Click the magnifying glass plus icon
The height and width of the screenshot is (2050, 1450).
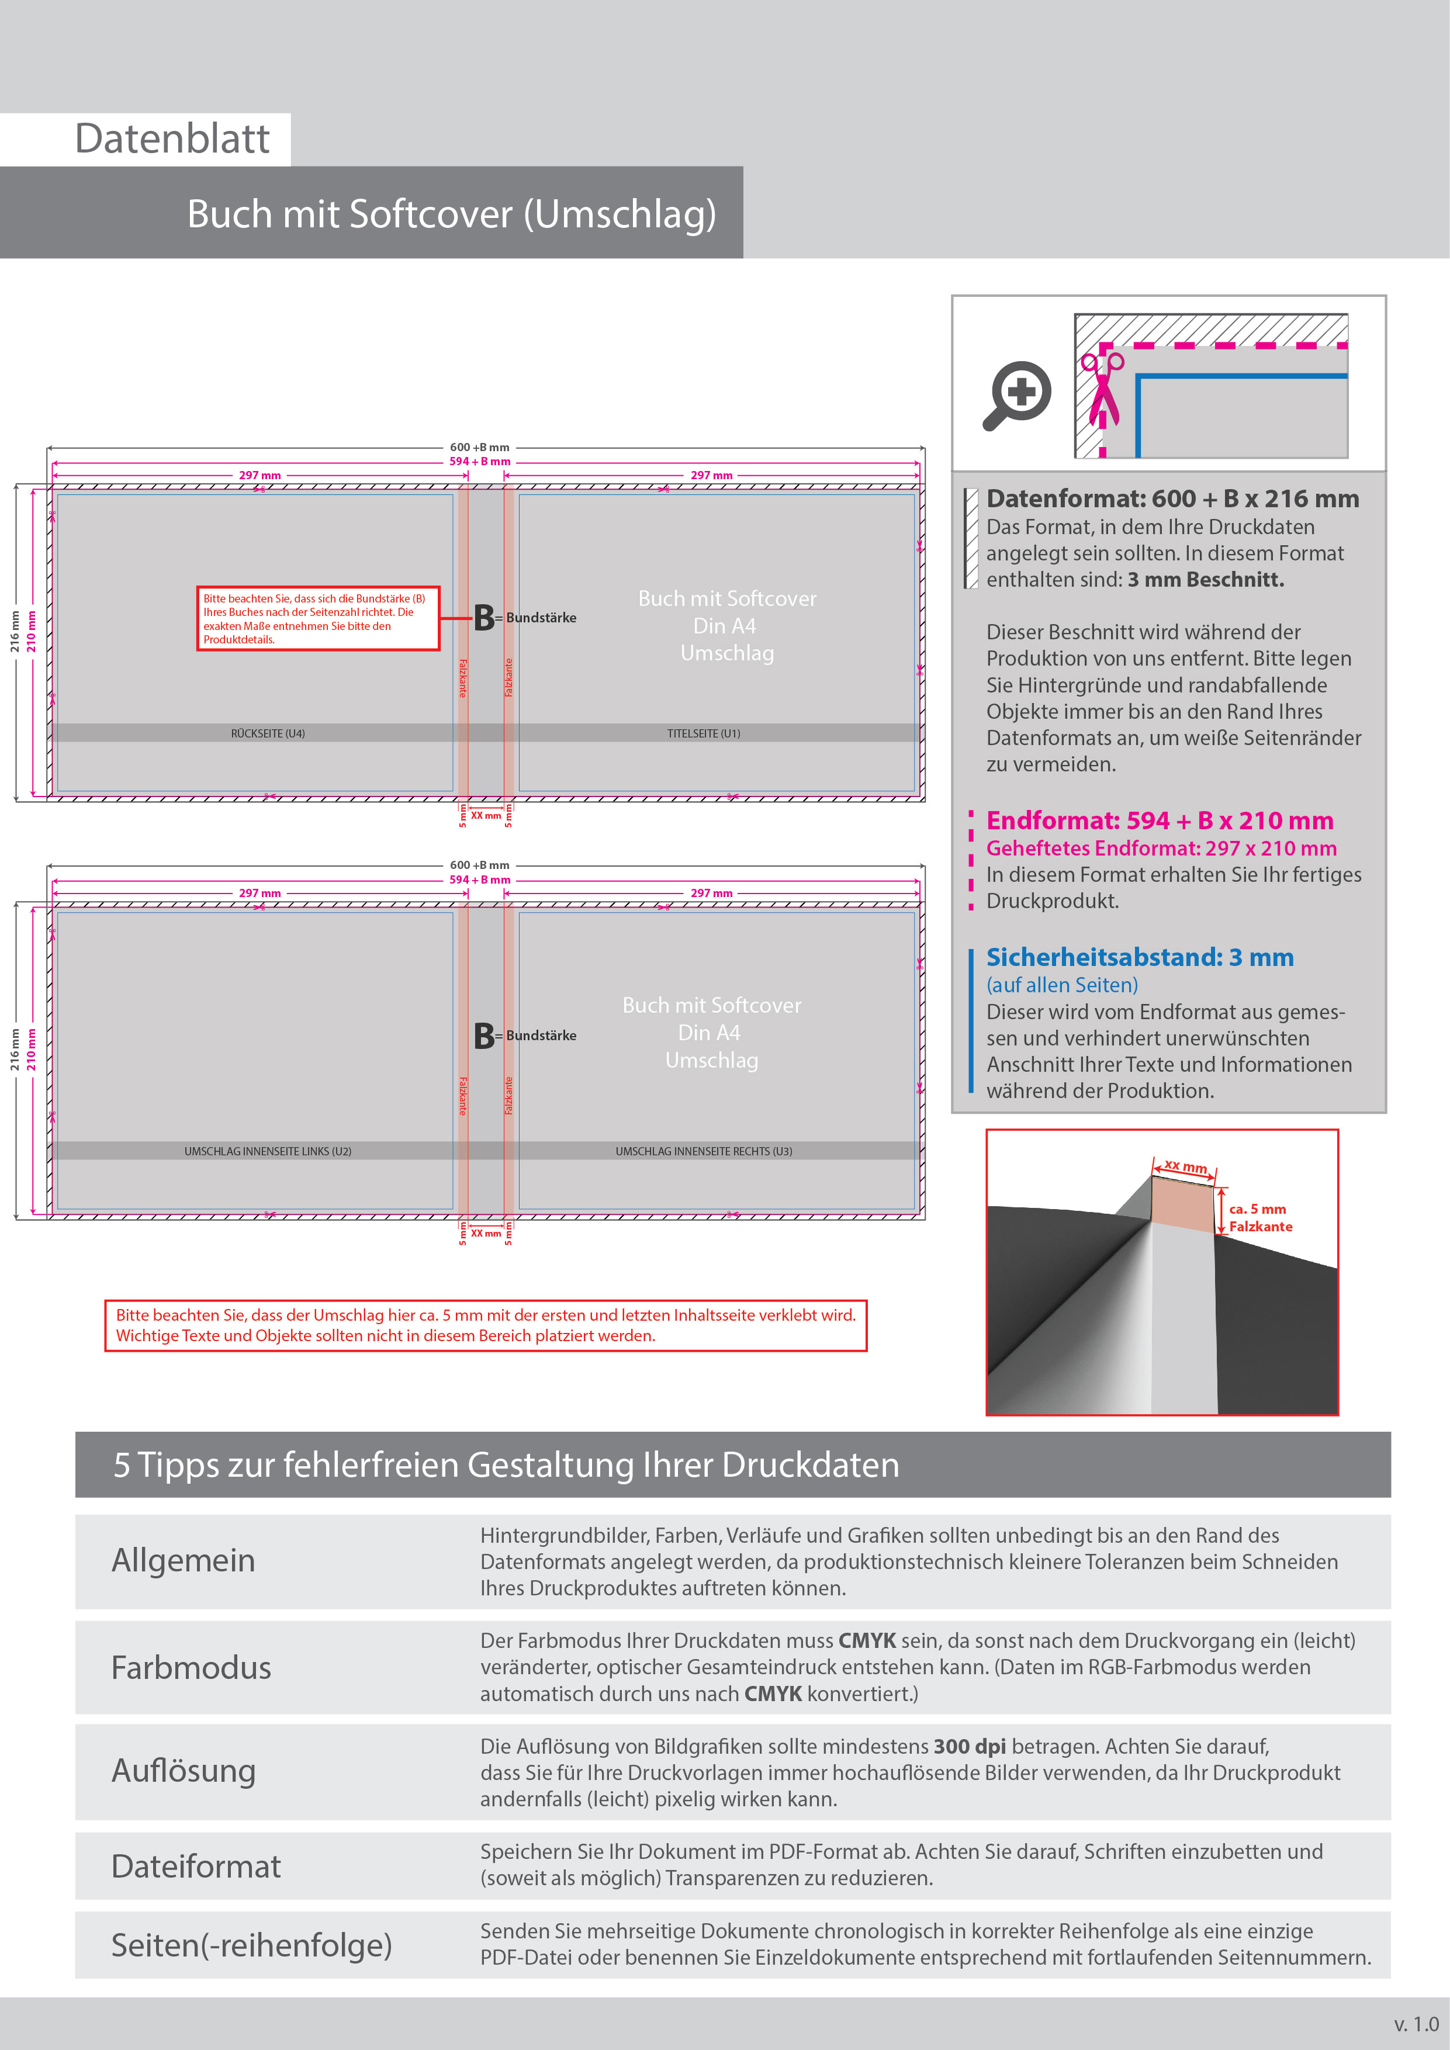pyautogui.click(x=1018, y=394)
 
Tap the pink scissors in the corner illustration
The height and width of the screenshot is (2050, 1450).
pyautogui.click(x=1103, y=389)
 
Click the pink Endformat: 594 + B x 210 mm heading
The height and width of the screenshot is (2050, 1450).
pyautogui.click(x=1159, y=820)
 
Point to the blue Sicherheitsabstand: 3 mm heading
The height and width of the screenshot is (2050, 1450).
pyautogui.click(x=1139, y=957)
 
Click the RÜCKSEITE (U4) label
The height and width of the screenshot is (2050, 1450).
pyautogui.click(x=268, y=733)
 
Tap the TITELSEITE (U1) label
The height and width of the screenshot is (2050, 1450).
pyautogui.click(x=704, y=733)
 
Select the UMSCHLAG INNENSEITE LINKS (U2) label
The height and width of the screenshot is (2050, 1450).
pyautogui.click(x=268, y=1151)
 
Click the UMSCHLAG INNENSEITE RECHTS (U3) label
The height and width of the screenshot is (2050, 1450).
pyautogui.click(x=704, y=1151)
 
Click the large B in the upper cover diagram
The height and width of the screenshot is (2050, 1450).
pyautogui.click(x=484, y=618)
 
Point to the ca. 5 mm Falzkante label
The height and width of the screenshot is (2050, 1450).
pyautogui.click(x=1260, y=1218)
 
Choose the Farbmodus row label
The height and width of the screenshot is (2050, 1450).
pyautogui.click(x=191, y=1668)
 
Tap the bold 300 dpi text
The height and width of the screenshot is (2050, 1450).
pyautogui.click(x=969, y=1747)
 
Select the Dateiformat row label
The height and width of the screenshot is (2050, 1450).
pyautogui.click(x=196, y=1866)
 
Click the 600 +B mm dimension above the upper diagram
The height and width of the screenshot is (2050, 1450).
pyautogui.click(x=479, y=447)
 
